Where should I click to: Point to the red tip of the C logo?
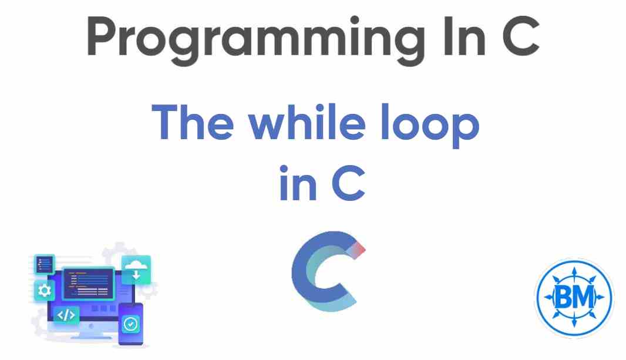359,249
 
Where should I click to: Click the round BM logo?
574,298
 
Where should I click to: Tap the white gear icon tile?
44,290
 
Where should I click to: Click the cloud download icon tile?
136,270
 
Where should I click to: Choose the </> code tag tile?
66,315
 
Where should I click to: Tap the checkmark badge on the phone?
130,324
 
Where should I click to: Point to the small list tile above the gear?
44,264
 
